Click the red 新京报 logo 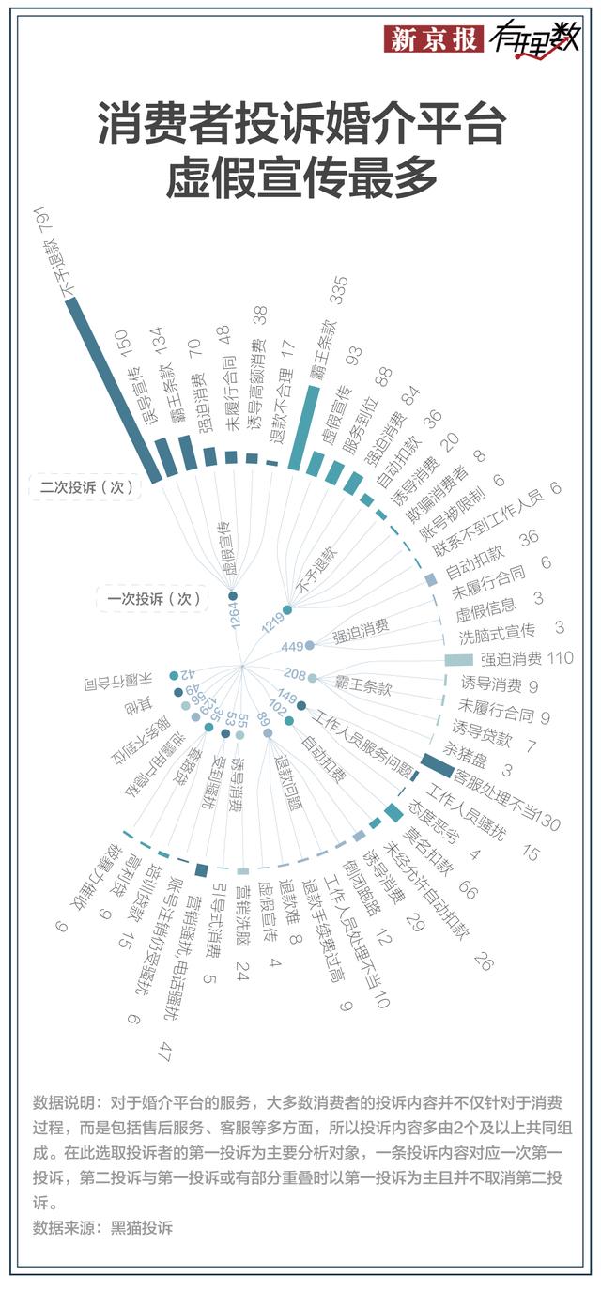click(x=435, y=39)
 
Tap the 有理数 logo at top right click(x=532, y=39)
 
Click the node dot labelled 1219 click(x=287, y=610)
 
